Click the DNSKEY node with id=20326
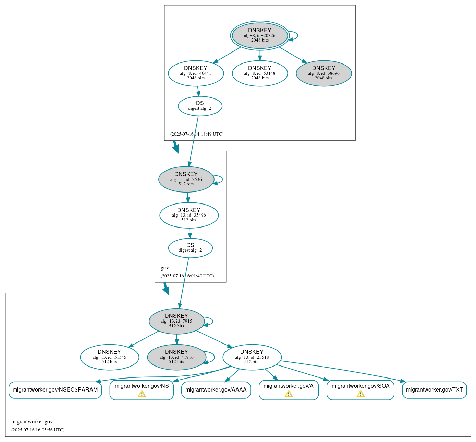260,36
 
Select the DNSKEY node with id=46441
196,73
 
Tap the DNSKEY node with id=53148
260,73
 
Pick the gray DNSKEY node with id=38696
324,73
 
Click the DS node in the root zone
200,106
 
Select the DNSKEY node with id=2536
186,179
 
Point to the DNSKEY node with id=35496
189,215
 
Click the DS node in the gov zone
190,248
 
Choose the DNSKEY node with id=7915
176,321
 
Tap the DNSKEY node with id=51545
109,357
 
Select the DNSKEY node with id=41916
176,357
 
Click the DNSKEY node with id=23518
252,357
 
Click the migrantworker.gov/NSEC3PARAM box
55,390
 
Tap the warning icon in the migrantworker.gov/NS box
142,394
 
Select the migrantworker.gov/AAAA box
216,390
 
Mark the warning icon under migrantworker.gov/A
289,394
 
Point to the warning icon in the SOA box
361,394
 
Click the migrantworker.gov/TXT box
434,390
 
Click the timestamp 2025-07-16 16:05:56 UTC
38,430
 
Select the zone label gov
165,268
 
